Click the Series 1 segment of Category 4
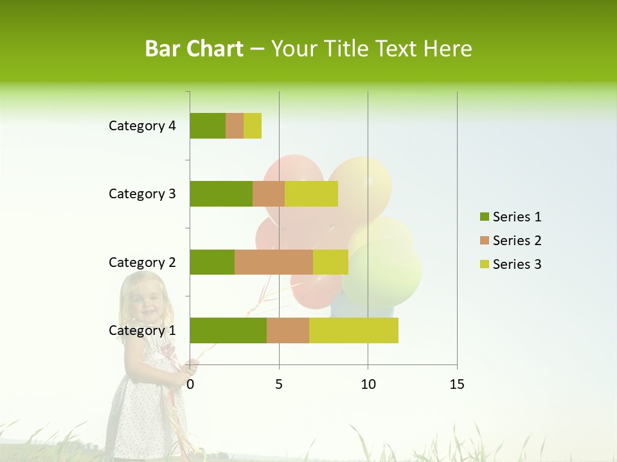click(208, 126)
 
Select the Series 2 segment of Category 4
click(235, 126)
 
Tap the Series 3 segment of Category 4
click(253, 126)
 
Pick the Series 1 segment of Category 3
click(221, 194)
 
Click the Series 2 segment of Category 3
click(269, 194)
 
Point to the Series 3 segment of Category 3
click(311, 194)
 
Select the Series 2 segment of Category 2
click(274, 262)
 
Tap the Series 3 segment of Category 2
click(330, 262)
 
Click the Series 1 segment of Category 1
click(228, 330)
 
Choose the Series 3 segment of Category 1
click(353, 330)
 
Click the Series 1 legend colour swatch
click(484, 217)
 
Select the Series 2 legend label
click(517, 241)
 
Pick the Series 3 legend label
click(517, 264)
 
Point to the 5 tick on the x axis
click(279, 384)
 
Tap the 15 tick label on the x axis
click(456, 384)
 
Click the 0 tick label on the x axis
click(190, 384)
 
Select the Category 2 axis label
click(142, 262)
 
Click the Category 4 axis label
click(142, 126)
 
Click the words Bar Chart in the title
click(194, 49)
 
